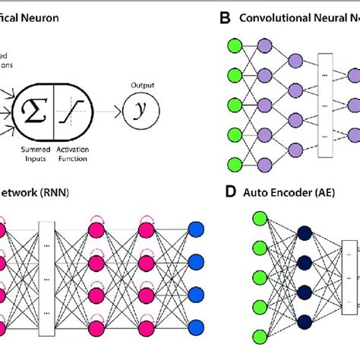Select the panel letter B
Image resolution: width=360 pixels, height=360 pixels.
pos(224,17)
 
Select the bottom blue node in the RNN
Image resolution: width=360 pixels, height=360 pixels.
pos(196,327)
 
